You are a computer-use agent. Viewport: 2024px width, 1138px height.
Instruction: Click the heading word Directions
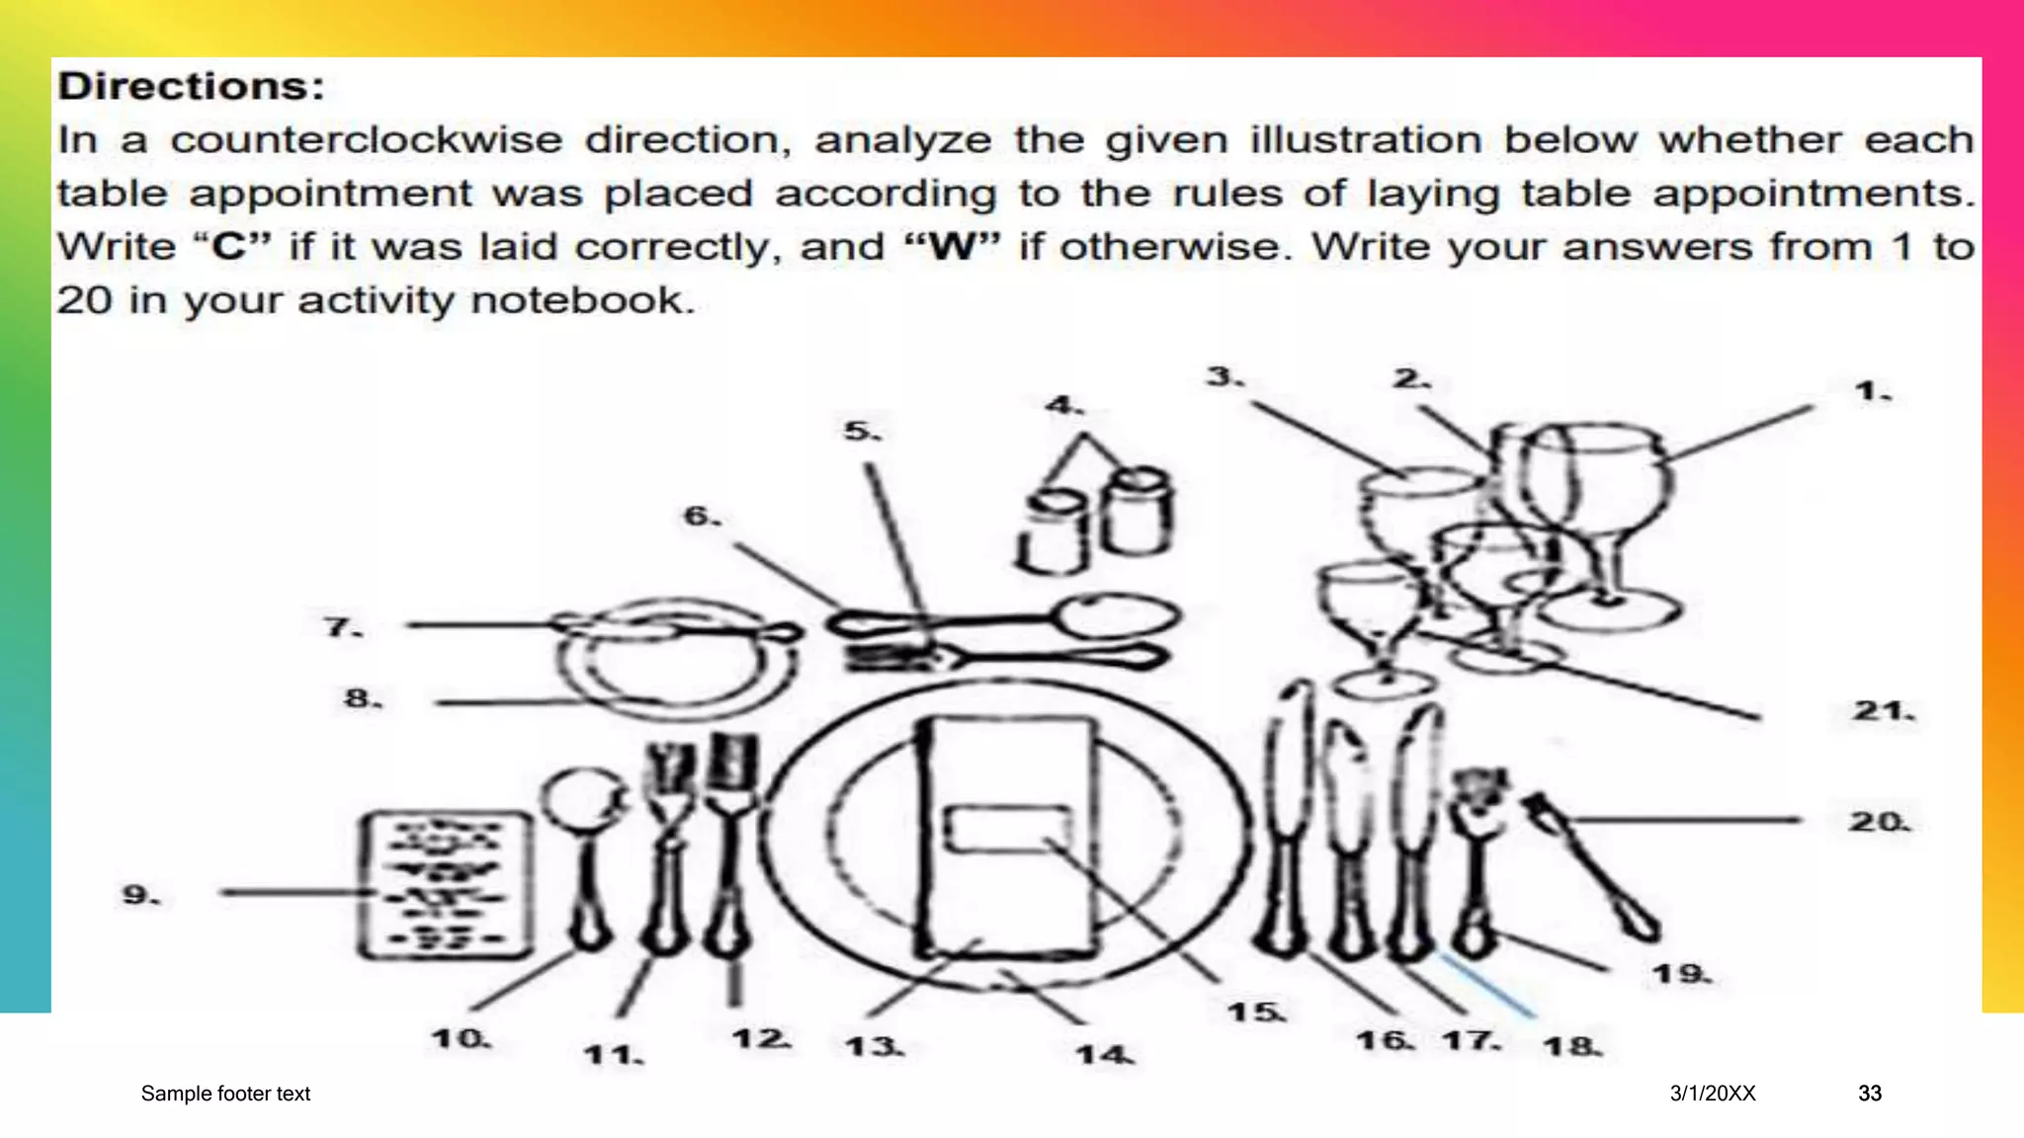coord(190,87)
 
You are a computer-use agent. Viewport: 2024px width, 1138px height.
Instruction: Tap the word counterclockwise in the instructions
coord(366,140)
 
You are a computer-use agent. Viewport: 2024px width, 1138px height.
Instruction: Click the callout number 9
coord(138,895)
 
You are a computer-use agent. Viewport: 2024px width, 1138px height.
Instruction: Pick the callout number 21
coord(1883,710)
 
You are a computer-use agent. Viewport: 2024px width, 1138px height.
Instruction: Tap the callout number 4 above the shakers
coord(1063,405)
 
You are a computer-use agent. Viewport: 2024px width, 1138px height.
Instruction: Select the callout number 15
coord(1255,1013)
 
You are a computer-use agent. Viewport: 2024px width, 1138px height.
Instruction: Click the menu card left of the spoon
coord(443,885)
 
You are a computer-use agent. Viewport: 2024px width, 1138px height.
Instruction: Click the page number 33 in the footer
coord(1870,1094)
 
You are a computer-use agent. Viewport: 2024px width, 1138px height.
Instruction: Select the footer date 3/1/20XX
coord(1713,1094)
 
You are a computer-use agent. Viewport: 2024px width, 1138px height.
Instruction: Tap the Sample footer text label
coord(225,1094)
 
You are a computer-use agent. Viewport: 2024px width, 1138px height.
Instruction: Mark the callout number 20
coord(1879,821)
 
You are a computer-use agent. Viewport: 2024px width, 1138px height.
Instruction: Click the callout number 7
coord(342,627)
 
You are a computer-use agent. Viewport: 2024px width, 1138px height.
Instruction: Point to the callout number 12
coord(761,1039)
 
